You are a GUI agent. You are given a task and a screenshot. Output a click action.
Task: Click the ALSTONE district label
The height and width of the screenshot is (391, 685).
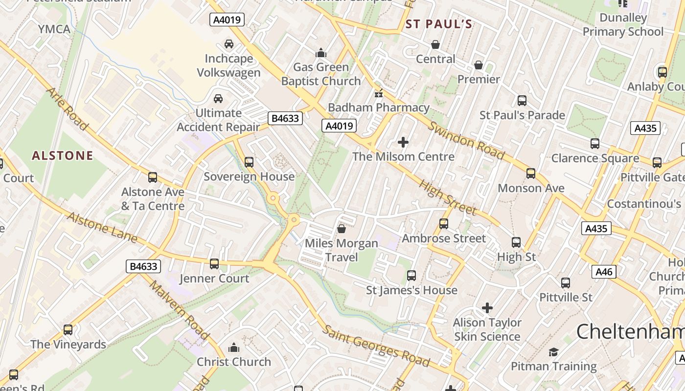62,156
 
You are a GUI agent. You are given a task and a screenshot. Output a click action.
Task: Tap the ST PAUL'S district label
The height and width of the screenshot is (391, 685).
439,24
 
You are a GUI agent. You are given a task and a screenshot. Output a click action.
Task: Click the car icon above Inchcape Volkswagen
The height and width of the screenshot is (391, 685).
228,44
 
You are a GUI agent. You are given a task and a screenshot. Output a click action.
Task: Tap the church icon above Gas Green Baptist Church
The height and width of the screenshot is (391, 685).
321,52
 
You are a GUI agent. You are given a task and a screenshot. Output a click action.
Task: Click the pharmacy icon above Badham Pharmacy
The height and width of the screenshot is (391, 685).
378,93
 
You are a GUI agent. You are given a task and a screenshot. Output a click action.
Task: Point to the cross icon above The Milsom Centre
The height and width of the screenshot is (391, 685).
403,142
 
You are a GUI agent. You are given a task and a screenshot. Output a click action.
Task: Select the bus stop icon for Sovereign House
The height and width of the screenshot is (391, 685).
249,162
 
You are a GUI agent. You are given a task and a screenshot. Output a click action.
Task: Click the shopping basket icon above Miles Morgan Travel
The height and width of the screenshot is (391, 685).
342,228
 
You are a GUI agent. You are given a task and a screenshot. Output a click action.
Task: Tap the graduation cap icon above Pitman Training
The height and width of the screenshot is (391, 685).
553,352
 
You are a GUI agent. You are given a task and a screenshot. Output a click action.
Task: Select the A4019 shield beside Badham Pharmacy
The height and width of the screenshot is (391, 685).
339,126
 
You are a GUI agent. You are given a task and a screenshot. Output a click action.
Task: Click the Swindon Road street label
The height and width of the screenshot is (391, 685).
466,140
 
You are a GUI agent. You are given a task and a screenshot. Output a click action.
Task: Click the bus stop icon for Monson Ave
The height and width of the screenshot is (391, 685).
531,174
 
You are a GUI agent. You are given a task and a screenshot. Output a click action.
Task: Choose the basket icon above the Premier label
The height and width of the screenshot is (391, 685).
479,65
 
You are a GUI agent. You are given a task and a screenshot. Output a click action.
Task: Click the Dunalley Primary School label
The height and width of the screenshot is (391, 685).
623,25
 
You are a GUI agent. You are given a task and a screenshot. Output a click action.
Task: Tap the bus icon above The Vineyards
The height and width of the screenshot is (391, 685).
68,330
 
